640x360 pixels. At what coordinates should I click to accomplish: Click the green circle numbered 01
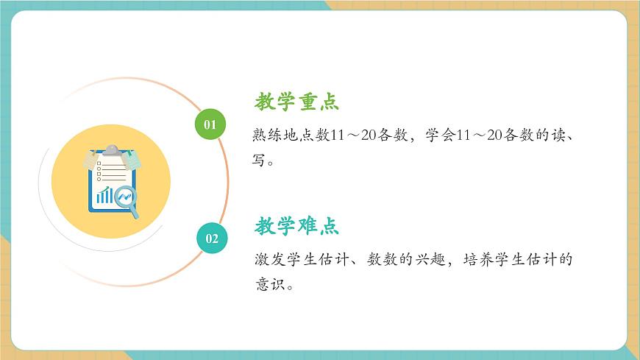point(210,124)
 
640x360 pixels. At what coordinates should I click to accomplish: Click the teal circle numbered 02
point(212,238)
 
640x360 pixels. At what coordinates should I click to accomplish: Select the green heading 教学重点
point(296,102)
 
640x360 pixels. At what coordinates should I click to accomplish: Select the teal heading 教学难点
point(296,226)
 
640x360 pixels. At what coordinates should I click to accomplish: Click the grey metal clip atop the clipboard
point(111,150)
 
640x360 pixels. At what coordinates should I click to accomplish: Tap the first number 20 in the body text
point(369,137)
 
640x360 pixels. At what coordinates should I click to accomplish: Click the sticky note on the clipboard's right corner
point(132,159)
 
